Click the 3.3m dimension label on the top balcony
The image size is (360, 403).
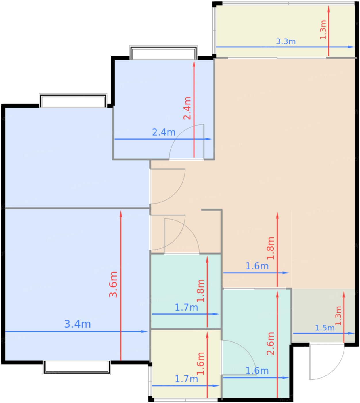(x=286, y=41)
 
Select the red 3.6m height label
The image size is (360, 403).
(x=113, y=284)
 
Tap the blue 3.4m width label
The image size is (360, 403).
(x=77, y=324)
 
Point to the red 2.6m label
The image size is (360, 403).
(x=271, y=343)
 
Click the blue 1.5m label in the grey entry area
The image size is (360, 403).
(x=325, y=328)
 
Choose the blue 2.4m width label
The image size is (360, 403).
(x=164, y=132)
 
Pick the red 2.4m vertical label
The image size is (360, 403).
(x=187, y=108)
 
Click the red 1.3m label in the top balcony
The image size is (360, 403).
(x=323, y=30)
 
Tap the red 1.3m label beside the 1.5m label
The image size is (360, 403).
(x=338, y=315)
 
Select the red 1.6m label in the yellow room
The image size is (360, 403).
(x=201, y=364)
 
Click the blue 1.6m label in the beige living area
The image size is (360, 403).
(x=257, y=266)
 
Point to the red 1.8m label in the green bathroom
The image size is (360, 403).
(x=201, y=291)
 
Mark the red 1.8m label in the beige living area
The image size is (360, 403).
(x=271, y=248)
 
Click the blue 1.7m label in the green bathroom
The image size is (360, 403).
(x=186, y=308)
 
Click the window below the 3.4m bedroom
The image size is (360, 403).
(x=77, y=367)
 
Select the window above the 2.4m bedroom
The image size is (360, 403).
(x=163, y=53)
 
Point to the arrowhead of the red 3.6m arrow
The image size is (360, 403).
(x=121, y=213)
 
